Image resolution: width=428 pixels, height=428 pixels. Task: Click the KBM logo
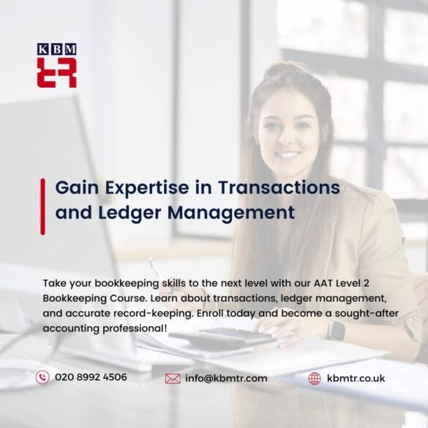pyautogui.click(x=56, y=66)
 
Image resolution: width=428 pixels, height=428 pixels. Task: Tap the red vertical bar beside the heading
pyautogui.click(x=42, y=206)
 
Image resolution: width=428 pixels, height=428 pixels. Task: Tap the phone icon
pyautogui.click(x=42, y=378)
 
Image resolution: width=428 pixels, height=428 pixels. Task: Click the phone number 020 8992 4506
pyautogui.click(x=91, y=378)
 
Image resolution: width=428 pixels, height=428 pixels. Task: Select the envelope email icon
pyautogui.click(x=173, y=378)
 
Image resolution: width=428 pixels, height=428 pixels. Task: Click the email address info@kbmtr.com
pyautogui.click(x=226, y=378)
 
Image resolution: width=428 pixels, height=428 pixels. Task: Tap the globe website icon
pyautogui.click(x=315, y=378)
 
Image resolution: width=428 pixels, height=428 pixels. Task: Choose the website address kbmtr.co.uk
pyautogui.click(x=356, y=378)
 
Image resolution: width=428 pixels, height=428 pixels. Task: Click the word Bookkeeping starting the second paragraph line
pyautogui.click(x=73, y=299)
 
